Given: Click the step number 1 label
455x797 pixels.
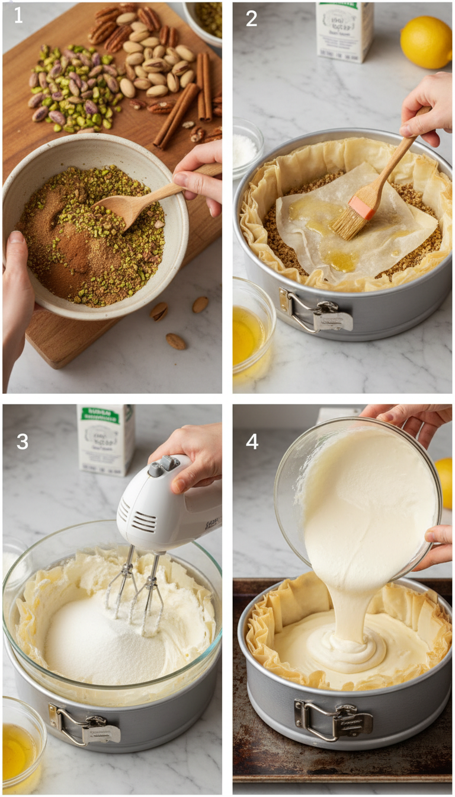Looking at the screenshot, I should click(x=18, y=17).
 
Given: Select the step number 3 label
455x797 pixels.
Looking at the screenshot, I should click(x=22, y=442).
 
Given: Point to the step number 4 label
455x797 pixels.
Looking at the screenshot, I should click(x=252, y=442).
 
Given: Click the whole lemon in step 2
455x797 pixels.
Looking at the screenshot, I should click(x=426, y=42).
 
